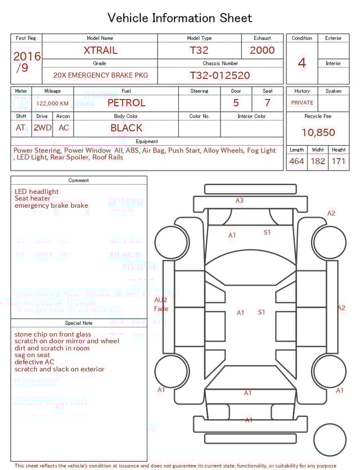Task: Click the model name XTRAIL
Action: [100, 50]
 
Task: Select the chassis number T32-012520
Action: [219, 75]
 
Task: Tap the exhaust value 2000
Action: [262, 50]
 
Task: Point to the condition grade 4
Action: [301, 63]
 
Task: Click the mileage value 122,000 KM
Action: [52, 104]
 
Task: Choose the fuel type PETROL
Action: [126, 103]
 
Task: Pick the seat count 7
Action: [267, 103]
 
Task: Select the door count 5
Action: [236, 103]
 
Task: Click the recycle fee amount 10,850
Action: [318, 133]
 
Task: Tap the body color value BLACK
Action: [126, 128]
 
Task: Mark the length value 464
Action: [296, 162]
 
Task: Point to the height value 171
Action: [338, 162]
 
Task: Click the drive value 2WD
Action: [42, 128]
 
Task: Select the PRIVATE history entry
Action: [302, 103]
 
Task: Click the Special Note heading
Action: [79, 323]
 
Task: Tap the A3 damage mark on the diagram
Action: [240, 200]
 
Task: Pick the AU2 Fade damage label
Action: [161, 305]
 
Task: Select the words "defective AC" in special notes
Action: [34, 362]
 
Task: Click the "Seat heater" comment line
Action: [33, 199]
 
